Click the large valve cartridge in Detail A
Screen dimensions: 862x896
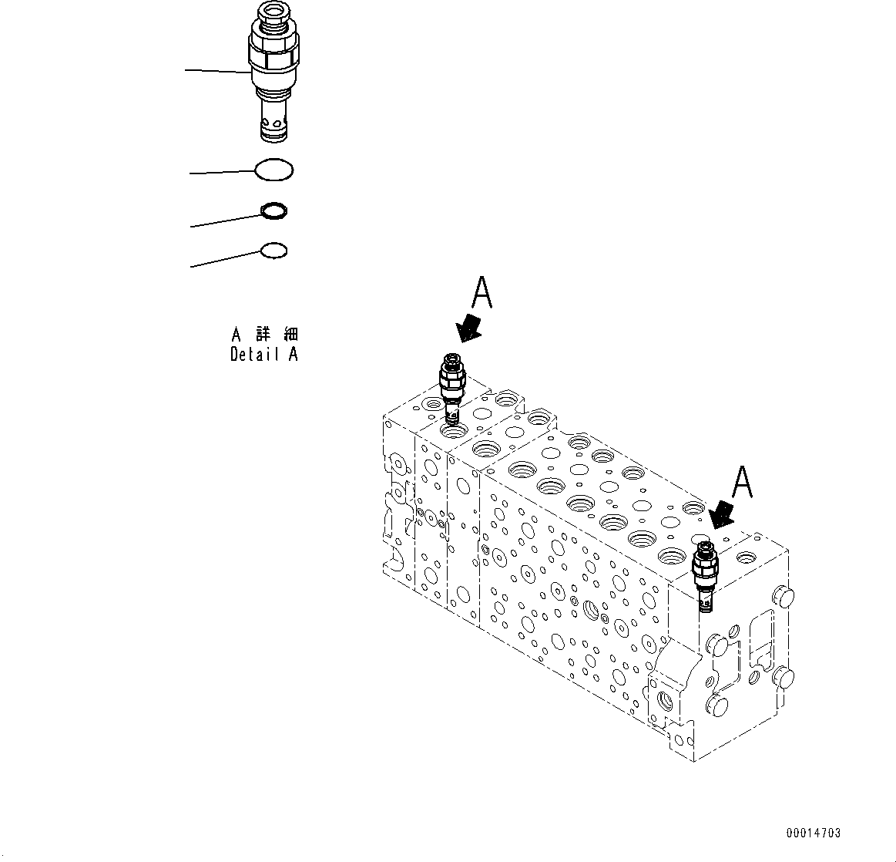click(273, 73)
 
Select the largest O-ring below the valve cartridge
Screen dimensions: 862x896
click(273, 170)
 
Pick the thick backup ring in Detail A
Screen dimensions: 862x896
click(275, 210)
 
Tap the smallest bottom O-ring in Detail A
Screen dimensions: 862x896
click(274, 251)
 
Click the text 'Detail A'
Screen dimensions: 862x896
click(263, 355)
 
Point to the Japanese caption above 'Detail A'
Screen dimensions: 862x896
click(264, 335)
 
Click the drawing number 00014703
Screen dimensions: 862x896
click(814, 833)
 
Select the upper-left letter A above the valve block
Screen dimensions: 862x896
click(482, 295)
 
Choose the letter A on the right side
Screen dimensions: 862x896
click(741, 483)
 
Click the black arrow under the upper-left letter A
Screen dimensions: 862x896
click(468, 328)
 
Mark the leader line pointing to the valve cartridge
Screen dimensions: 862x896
click(218, 72)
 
